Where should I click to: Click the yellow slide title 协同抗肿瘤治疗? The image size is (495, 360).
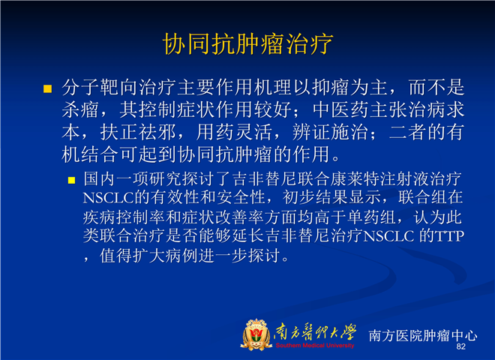point(247,43)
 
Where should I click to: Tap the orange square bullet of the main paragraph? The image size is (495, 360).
point(47,88)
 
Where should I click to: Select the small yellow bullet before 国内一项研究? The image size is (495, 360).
point(72,180)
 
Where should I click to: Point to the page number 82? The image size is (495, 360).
point(461,346)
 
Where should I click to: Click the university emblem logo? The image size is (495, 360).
point(256,334)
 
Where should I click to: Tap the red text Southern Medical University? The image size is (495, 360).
point(315,346)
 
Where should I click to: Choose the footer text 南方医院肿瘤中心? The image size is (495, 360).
point(423,335)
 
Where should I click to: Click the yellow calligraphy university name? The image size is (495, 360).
point(316,332)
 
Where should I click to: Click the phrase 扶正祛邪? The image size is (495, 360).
point(138,132)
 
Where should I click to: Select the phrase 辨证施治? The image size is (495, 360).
point(330,132)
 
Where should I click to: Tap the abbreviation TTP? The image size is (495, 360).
point(449,236)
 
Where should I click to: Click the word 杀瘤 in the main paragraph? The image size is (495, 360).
point(80,109)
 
